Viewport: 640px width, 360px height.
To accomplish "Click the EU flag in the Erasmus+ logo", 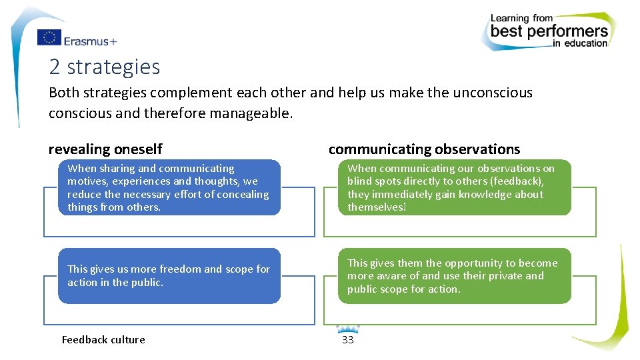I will pos(49,38).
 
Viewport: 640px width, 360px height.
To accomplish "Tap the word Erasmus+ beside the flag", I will pos(90,41).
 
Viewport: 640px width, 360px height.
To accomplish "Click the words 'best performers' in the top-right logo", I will pos(549,31).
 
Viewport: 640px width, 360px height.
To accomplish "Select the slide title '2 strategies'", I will pos(105,67).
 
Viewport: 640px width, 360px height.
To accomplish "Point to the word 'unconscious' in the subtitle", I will pos(493,93).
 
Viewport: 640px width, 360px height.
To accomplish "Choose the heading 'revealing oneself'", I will pos(105,149).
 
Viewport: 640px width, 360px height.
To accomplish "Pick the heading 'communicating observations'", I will pos(424,149).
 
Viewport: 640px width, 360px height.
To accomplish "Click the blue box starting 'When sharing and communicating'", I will pos(169,187).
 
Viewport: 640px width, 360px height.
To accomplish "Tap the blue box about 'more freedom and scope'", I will pos(169,276).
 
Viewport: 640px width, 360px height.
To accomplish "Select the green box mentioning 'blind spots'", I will pos(455,187).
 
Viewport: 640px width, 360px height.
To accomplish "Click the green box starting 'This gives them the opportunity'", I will pos(455,276).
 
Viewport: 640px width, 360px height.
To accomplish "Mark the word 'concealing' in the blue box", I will pos(243,195).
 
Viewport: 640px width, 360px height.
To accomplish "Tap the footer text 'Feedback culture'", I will pos(103,339).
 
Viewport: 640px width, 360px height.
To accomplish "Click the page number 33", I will pos(347,340).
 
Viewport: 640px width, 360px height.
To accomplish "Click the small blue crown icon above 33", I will pos(347,329).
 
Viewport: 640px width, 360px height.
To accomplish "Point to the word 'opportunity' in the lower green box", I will pos(474,263).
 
